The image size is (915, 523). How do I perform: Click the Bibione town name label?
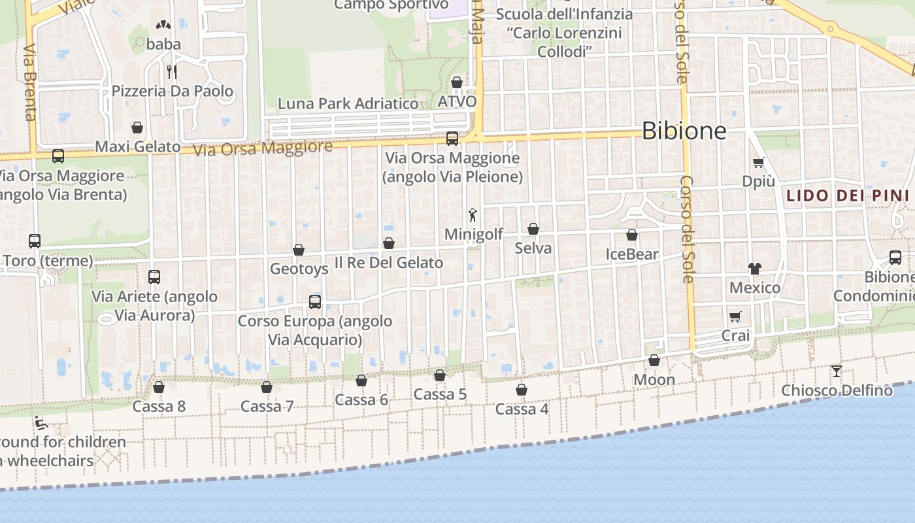pyautogui.click(x=684, y=131)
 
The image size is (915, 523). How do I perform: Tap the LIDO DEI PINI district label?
pyautogui.click(x=847, y=195)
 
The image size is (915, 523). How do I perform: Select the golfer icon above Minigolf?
pyautogui.click(x=473, y=214)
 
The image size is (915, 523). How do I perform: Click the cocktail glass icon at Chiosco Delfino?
pyautogui.click(x=837, y=371)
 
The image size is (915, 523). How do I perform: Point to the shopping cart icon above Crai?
pyautogui.click(x=735, y=317)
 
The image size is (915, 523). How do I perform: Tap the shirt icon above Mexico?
pyautogui.click(x=755, y=268)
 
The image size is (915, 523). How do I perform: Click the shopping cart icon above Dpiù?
pyautogui.click(x=758, y=163)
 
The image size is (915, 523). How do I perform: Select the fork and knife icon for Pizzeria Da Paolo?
pyautogui.click(x=172, y=71)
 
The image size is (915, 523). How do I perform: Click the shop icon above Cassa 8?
pyautogui.click(x=159, y=387)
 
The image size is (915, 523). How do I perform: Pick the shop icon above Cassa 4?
pyautogui.click(x=522, y=390)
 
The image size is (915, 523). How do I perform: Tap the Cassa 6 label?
pyautogui.click(x=361, y=400)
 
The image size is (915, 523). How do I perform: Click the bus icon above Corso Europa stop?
pyautogui.click(x=315, y=301)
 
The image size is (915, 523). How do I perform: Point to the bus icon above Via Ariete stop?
pyautogui.click(x=154, y=277)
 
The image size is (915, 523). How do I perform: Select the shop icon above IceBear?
pyautogui.click(x=632, y=235)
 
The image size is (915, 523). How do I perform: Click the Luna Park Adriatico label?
pyautogui.click(x=348, y=103)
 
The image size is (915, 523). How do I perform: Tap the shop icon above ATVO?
pyautogui.click(x=457, y=82)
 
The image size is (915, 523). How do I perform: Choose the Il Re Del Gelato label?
pyautogui.click(x=389, y=263)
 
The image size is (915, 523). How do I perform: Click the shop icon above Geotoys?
pyautogui.click(x=299, y=250)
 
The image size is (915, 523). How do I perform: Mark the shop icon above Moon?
pyautogui.click(x=654, y=360)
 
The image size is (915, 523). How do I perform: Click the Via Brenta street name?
pyautogui.click(x=30, y=82)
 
